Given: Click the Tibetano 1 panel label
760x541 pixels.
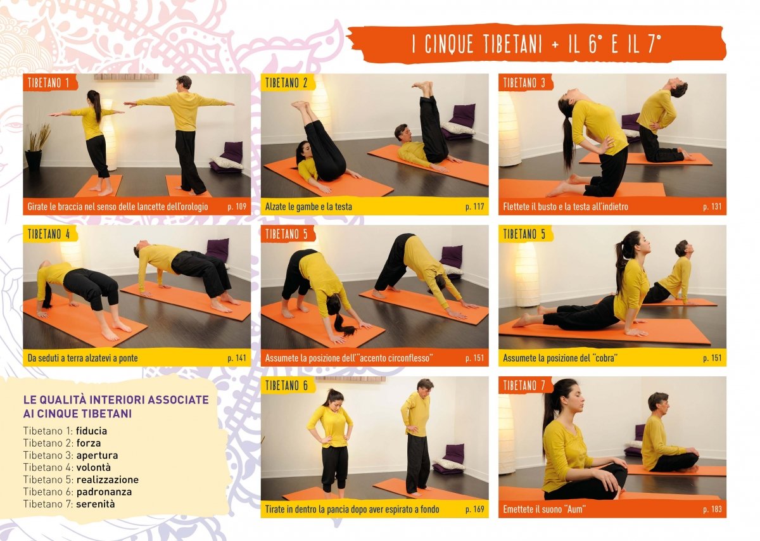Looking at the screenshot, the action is (49, 83).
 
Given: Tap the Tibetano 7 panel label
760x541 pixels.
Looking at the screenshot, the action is (524, 386).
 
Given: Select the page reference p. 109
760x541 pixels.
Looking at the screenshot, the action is (237, 207).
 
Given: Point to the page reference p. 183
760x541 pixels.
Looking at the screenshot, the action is (712, 509).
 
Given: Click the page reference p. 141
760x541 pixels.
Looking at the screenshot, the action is (237, 358).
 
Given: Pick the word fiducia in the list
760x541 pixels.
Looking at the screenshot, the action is (91, 431).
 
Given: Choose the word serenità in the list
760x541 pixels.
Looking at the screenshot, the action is (96, 504).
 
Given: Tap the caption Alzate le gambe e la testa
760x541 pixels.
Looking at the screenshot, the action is (308, 207).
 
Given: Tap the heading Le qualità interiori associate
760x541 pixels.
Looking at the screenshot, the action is (116, 400).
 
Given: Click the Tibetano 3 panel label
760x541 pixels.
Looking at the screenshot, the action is (524, 83).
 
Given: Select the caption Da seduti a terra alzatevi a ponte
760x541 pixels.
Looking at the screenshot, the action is (83, 358).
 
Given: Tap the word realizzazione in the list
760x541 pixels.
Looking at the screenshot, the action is (108, 480).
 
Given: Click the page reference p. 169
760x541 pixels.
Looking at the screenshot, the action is (474, 509).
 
